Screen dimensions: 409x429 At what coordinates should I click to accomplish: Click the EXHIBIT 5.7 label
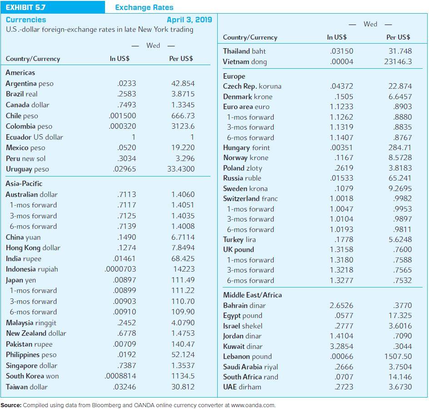tap(25, 7)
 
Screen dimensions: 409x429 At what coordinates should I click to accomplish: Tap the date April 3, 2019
tap(190, 20)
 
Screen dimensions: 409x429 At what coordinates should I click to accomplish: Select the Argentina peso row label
tap(30, 84)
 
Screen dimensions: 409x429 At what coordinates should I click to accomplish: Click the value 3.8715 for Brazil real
tap(183, 94)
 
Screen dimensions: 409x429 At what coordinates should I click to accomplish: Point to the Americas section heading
tap(20, 73)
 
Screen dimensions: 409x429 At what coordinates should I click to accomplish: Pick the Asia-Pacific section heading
tap(24, 184)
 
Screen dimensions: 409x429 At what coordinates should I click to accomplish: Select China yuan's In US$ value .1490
tap(126, 237)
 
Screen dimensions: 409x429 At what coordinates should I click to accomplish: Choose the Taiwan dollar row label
tap(26, 387)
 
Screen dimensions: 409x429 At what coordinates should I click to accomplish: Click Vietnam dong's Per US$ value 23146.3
tap(398, 61)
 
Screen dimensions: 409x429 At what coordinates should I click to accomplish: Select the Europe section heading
tap(234, 76)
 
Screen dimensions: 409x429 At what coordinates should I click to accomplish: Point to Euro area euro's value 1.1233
tap(341, 107)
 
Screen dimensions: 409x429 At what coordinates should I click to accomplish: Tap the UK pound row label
tap(238, 250)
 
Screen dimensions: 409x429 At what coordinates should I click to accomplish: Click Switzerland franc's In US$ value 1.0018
tap(341, 199)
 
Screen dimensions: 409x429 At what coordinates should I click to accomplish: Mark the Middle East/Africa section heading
tap(252, 295)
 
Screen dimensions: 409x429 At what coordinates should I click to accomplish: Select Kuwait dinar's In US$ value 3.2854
tap(341, 346)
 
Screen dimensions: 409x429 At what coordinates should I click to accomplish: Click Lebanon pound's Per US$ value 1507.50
tap(398, 357)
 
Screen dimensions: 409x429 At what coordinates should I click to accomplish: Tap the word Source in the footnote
tap(10, 405)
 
